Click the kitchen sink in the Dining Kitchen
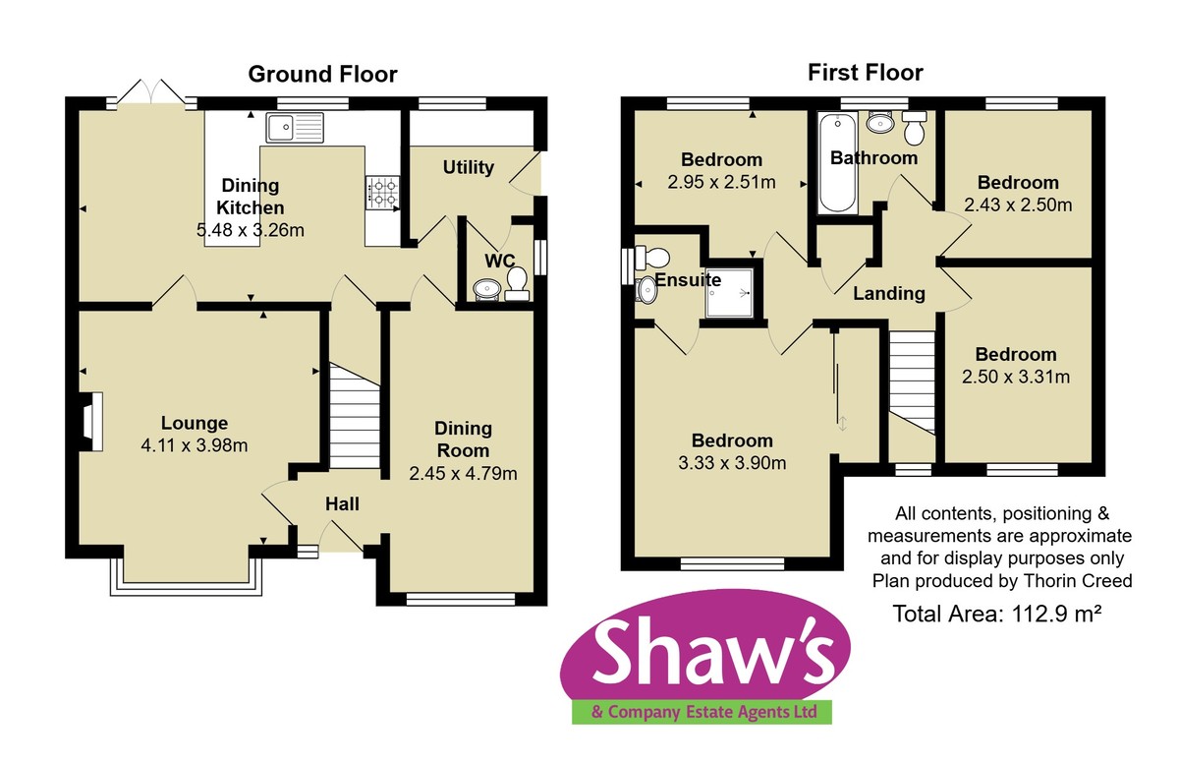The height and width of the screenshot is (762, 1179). (x=294, y=127)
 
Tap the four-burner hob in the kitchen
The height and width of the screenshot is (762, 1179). (x=381, y=192)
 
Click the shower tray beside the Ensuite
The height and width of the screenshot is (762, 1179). (x=733, y=292)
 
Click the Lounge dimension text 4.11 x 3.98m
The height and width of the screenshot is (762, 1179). (x=194, y=445)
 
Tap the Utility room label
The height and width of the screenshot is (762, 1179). (x=468, y=167)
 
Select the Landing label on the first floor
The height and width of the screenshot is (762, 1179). (x=888, y=293)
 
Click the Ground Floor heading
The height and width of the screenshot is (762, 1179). (x=322, y=74)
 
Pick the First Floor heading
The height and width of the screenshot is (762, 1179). (x=865, y=72)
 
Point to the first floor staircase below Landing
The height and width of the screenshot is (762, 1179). (x=913, y=379)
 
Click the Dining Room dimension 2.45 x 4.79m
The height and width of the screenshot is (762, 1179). (x=463, y=473)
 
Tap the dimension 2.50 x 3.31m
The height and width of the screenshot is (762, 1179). (x=1016, y=377)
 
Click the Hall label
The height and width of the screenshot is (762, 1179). (x=342, y=504)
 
